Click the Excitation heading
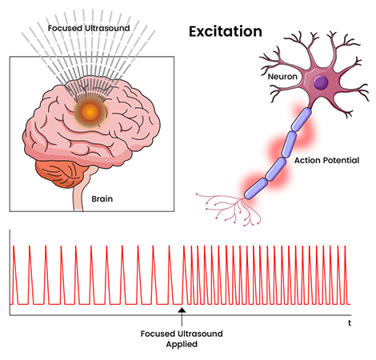(226, 31)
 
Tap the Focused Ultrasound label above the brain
(89, 28)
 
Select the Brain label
(102, 198)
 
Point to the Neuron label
(282, 77)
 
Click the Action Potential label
(326, 160)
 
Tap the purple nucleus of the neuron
(321, 82)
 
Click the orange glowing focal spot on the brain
(90, 112)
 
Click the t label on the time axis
(350, 323)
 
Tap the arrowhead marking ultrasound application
(182, 310)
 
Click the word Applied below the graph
(182, 344)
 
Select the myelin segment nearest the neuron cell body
(302, 119)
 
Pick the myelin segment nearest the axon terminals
(255, 189)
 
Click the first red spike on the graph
(14, 275)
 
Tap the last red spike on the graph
(345, 275)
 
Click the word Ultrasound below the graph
(200, 334)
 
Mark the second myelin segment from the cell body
(289, 144)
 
